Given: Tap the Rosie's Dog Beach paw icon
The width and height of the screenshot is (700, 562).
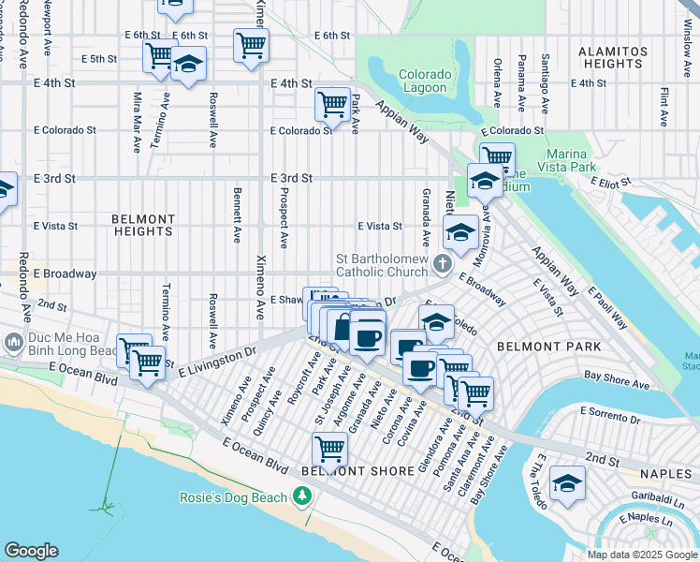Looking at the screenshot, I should point(302,495).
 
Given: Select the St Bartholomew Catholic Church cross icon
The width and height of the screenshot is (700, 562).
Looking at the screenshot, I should point(440,266).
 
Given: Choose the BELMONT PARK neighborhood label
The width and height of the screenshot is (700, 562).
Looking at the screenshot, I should point(535,346).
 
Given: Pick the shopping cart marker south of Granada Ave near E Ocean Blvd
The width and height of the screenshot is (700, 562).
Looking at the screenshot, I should point(329,449).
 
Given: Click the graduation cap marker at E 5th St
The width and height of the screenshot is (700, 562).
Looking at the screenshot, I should point(189,65).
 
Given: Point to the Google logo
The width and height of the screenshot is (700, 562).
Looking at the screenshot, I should point(31,551).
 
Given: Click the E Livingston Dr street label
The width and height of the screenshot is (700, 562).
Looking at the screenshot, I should point(217,360).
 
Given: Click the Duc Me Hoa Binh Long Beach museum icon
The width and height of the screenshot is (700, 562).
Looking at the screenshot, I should point(13,342).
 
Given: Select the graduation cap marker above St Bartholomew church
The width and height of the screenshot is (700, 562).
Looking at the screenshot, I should point(460,231).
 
